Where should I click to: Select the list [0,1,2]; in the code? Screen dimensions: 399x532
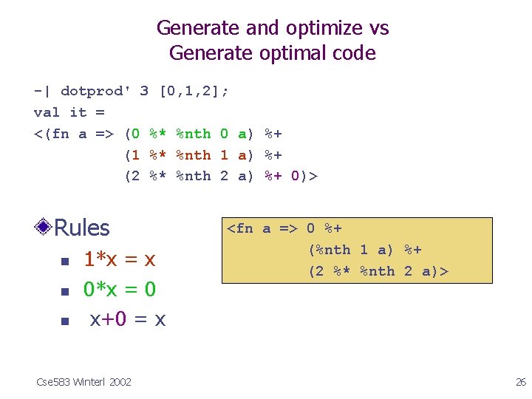click(194, 91)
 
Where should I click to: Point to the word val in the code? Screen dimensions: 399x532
click(47, 112)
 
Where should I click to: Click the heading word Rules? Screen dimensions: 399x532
click(81, 228)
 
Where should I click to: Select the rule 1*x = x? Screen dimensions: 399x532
click(119, 259)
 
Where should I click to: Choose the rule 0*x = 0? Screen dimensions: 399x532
click(119, 289)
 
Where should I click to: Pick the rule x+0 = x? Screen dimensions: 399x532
click(127, 319)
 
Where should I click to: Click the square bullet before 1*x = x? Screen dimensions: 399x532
click(64, 262)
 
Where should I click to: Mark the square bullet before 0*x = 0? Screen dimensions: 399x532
click(64, 291)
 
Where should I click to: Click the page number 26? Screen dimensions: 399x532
click(519, 381)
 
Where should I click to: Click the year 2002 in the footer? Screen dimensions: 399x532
click(120, 381)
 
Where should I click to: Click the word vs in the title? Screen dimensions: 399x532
click(378, 28)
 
